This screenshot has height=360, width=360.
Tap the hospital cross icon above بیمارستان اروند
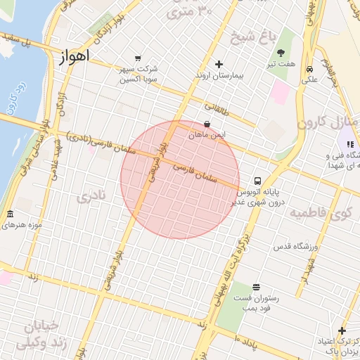coord(219,64)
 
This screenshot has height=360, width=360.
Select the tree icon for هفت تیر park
coord(281,53)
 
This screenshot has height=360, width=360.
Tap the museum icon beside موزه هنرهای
coord(10,214)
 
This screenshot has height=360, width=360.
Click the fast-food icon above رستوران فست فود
coord(255,287)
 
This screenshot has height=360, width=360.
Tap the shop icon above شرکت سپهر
coord(137,58)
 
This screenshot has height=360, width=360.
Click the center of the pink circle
coord(180,179)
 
